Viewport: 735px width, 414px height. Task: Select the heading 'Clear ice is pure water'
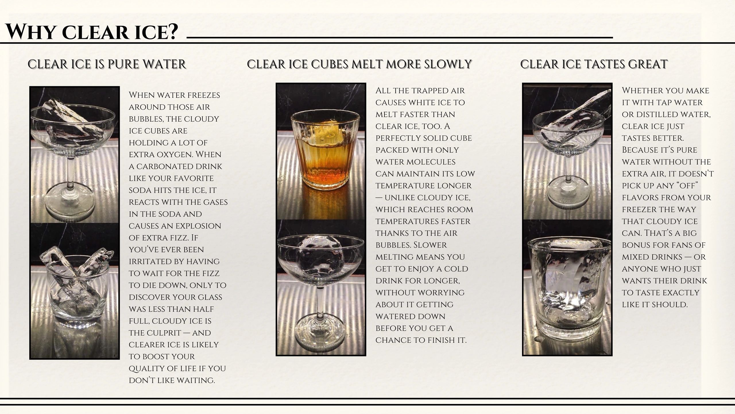tap(107, 64)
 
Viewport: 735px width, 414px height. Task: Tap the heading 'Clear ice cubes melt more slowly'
tap(359, 64)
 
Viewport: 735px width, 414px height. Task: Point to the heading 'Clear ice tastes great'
tap(594, 64)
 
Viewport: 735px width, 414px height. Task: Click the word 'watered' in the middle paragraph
tap(410, 316)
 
